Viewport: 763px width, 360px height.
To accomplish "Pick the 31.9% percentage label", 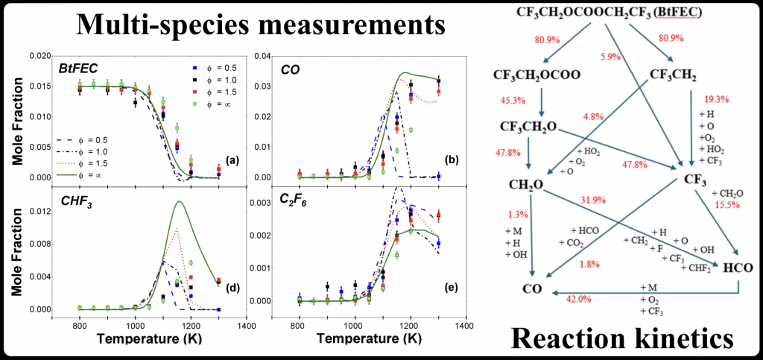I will [x=593, y=199].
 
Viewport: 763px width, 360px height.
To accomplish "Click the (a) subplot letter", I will [x=233, y=160].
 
